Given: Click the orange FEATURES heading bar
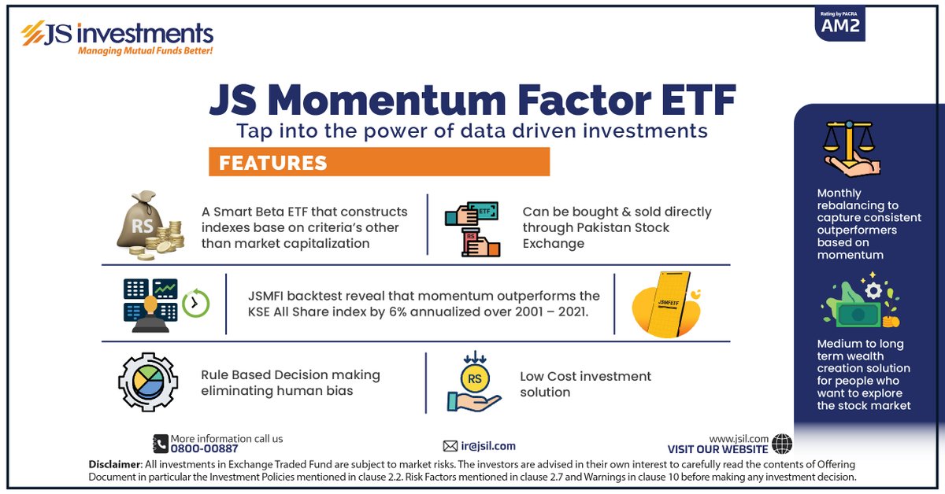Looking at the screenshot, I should coord(379,162).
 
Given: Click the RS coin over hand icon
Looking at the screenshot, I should coord(472,383).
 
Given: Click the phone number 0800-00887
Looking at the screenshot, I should coord(204,448).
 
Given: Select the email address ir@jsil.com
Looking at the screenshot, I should coord(489,446).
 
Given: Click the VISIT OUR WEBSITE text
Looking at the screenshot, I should coord(717,449).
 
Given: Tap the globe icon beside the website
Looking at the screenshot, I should coord(782,444).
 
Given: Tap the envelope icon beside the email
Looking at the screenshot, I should coord(450,446).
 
